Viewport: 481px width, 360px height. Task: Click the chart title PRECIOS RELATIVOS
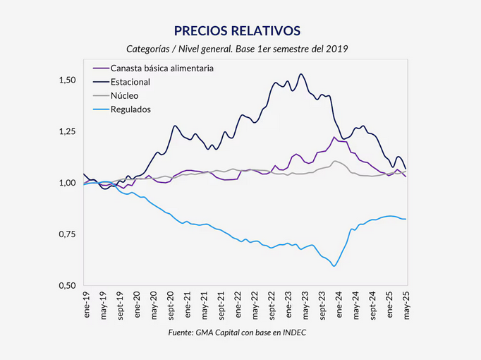tap(237, 30)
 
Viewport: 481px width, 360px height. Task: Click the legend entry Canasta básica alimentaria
tap(163, 68)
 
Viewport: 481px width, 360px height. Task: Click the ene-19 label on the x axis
tap(86, 303)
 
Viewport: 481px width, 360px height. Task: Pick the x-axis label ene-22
tap(238, 303)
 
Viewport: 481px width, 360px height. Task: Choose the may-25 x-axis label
tap(408, 303)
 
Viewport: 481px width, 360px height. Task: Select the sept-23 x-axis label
tap(323, 304)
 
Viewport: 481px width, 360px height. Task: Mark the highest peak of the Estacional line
tap(301, 73)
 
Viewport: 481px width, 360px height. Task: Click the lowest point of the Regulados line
tap(334, 266)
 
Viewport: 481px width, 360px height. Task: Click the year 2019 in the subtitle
tap(337, 49)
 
